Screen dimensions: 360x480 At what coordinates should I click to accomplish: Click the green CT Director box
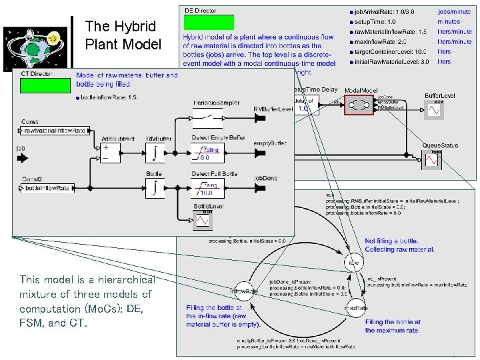[45, 86]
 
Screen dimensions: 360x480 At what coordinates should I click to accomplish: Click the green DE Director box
[209, 23]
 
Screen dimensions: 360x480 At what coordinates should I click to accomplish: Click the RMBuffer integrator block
[155, 153]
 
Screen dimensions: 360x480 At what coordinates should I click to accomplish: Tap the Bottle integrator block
[155, 187]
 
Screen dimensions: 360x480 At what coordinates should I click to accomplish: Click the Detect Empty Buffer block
[209, 153]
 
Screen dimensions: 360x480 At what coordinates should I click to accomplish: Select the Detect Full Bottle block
[209, 188]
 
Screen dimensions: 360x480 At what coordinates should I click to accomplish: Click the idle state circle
[353, 263]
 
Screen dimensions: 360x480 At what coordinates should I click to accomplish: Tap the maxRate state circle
[354, 308]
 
